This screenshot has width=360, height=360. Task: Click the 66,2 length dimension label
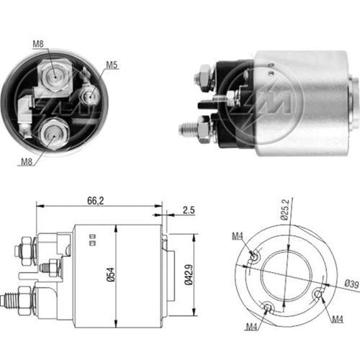click(96, 201)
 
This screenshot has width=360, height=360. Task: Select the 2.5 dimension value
click(189, 210)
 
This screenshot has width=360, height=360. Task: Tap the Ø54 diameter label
click(110, 274)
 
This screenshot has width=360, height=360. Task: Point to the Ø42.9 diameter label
click(189, 274)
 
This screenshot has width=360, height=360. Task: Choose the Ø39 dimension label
click(351, 284)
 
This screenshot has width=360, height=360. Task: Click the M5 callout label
click(112, 65)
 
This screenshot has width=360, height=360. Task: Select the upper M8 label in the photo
click(38, 44)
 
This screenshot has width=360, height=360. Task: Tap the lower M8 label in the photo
click(27, 162)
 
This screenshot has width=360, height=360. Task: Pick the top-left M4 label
click(238, 236)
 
